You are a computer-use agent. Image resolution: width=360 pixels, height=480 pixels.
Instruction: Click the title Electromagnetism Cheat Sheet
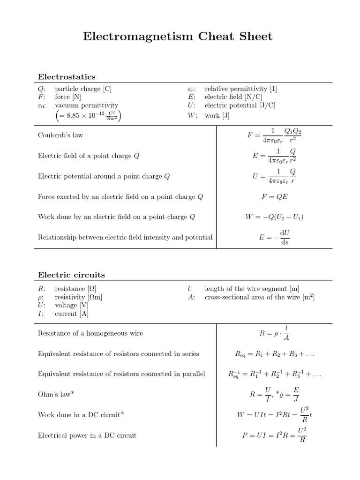pos(178,37)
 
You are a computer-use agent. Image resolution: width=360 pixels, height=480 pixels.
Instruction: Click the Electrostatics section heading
pos(67,76)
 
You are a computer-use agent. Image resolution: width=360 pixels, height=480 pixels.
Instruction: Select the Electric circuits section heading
pos(71,275)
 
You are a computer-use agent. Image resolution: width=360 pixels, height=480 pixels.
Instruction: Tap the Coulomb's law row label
pos(60,135)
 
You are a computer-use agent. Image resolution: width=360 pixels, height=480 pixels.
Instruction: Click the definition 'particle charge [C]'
pos(83,89)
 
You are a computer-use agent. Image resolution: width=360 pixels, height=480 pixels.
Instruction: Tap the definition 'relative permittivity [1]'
pos(240,89)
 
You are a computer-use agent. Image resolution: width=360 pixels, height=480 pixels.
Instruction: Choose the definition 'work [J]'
pos(217,115)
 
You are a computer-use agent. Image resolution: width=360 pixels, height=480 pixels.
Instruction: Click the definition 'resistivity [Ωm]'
pos(78,297)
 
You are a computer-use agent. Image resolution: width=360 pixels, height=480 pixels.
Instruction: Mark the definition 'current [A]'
pos(72,314)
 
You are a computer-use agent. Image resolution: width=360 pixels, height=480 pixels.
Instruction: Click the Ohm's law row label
pos(56,395)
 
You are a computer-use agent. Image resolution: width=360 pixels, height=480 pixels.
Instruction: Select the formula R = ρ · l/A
pos(274,333)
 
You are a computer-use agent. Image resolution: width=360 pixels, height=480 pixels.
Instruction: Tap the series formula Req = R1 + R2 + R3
pos(274,354)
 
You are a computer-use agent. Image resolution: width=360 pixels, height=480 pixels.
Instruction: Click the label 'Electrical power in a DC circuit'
pos(87,435)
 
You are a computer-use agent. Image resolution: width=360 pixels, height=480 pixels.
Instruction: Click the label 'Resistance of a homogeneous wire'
pos(90,333)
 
